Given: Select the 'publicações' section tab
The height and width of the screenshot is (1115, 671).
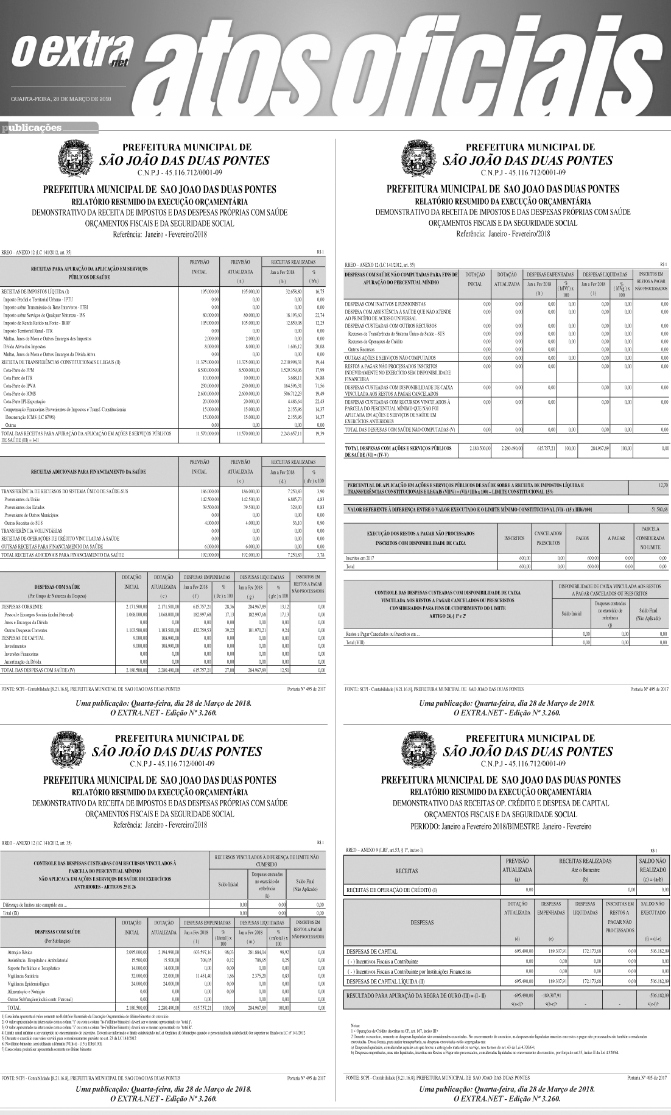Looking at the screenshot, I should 32,128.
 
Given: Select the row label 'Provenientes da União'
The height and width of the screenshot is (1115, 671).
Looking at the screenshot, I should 23,498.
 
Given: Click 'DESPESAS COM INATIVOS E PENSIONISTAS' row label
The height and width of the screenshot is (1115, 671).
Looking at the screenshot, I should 385,303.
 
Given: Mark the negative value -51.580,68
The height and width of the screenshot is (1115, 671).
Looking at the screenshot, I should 657,508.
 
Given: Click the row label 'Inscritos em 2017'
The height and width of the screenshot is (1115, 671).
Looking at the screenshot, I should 360,558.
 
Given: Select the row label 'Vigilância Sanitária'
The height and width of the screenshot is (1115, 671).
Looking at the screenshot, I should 25,975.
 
